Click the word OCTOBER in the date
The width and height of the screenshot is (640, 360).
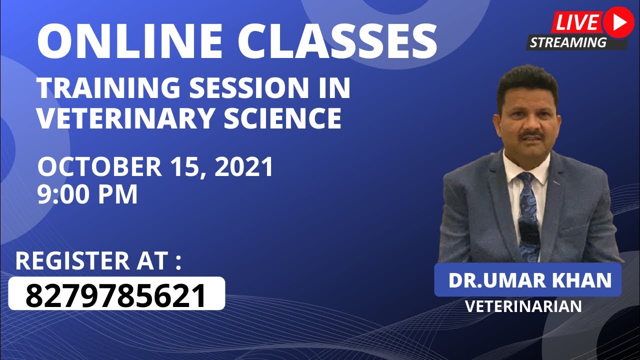click(99, 167)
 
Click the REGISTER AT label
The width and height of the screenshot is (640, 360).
click(98, 261)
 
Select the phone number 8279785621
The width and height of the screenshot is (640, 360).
click(116, 295)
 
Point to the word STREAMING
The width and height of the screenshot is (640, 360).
click(568, 42)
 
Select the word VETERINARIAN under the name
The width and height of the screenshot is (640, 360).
click(523, 306)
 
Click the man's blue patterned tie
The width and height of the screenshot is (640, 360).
click(528, 215)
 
